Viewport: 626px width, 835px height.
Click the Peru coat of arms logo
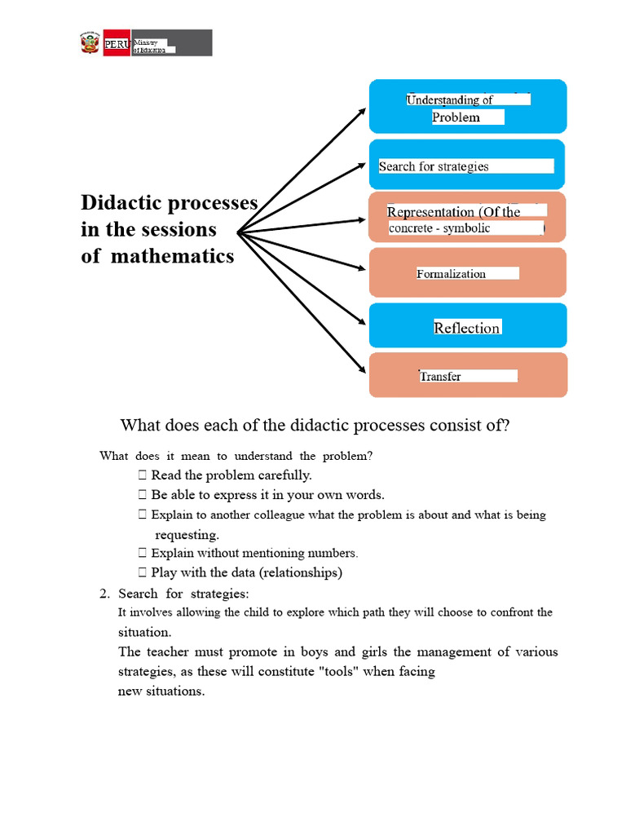click(x=90, y=43)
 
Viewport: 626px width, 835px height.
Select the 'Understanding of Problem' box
click(x=468, y=107)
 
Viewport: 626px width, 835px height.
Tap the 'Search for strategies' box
click(x=468, y=165)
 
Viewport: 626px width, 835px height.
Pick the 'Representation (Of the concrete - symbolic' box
click(x=468, y=217)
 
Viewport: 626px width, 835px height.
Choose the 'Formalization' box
click(x=468, y=272)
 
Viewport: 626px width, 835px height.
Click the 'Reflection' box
click(x=468, y=326)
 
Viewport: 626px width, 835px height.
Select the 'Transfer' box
click(x=468, y=375)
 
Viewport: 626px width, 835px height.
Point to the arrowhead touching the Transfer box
click(x=362, y=369)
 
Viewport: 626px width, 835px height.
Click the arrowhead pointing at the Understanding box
click(x=362, y=112)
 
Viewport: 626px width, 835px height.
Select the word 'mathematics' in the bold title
click(x=172, y=256)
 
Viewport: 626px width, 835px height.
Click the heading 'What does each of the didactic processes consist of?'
click(x=315, y=426)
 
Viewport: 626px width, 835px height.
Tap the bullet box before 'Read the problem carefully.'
click(x=143, y=475)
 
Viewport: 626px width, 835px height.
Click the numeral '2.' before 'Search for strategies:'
click(x=104, y=593)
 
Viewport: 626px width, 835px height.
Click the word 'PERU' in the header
click(x=116, y=45)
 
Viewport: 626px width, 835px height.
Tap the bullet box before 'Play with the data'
click(x=143, y=572)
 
